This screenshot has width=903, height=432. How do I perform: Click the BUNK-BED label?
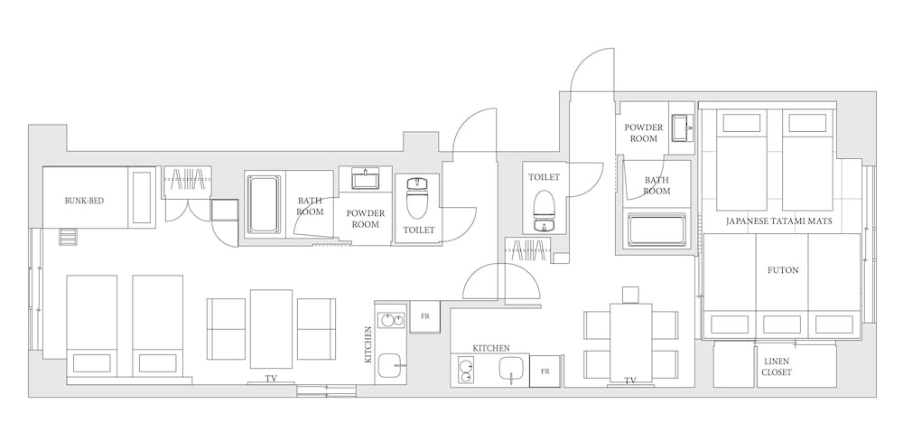pyautogui.click(x=84, y=201)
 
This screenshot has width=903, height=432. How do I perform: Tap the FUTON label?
pyautogui.click(x=783, y=269)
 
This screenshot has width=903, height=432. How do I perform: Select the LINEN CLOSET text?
pyautogui.click(x=777, y=367)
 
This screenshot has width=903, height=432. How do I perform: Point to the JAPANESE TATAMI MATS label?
pyautogui.click(x=778, y=221)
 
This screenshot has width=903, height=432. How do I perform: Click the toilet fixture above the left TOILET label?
pyautogui.click(x=417, y=198)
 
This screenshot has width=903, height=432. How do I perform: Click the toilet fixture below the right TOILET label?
pyautogui.click(x=543, y=211)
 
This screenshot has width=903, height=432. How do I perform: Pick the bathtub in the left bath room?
pyautogui.click(x=265, y=204)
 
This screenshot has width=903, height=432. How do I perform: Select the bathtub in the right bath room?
pyautogui.click(x=656, y=230)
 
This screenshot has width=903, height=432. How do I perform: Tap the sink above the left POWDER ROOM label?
pyautogui.click(x=365, y=180)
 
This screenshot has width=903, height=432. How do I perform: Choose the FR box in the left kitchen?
pyautogui.click(x=425, y=316)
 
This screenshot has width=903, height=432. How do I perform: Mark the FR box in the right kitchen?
pyautogui.click(x=545, y=371)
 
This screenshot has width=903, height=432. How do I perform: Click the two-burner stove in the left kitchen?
pyautogui.click(x=391, y=320)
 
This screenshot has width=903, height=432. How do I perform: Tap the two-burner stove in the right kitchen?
pyautogui.click(x=465, y=370)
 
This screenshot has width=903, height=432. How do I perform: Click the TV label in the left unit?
pyautogui.click(x=271, y=379)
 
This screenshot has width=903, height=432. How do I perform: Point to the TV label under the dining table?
pyautogui.click(x=630, y=380)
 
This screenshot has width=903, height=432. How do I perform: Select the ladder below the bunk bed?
pyautogui.click(x=68, y=236)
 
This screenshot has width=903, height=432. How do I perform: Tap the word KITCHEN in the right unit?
pyautogui.click(x=491, y=348)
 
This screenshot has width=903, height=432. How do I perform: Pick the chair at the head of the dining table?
pyautogui.click(x=631, y=295)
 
